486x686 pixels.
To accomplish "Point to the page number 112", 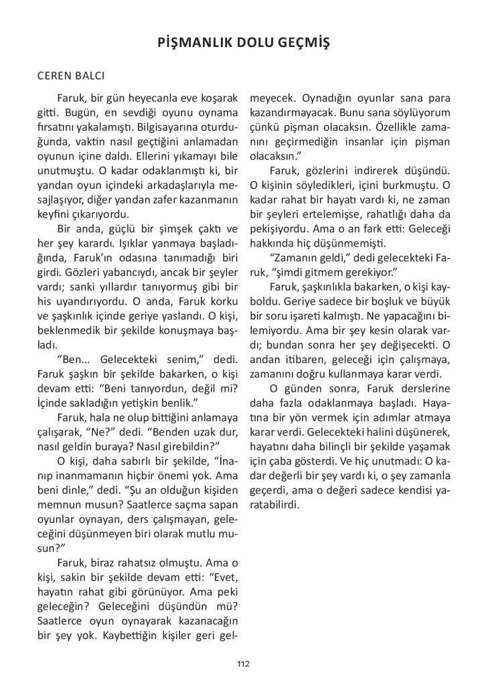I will [243, 664].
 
